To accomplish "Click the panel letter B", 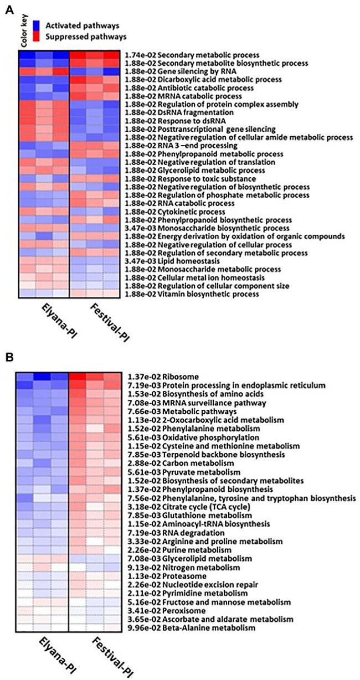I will [x=9, y=358].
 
